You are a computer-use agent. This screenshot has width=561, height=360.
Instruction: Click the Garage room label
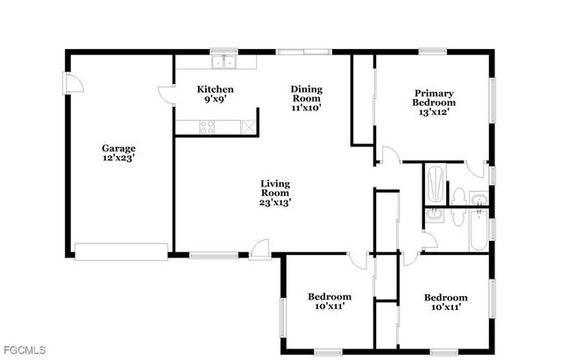(118, 148)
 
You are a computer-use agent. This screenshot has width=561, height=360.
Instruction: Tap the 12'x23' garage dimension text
(118, 159)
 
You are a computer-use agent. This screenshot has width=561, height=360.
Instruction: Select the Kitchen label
(215, 88)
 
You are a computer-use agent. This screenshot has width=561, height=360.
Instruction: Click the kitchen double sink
(226, 61)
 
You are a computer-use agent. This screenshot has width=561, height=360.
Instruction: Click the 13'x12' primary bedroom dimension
(435, 113)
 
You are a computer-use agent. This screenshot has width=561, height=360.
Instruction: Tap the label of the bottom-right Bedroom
(446, 297)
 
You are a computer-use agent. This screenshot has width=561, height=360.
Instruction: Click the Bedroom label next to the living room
(329, 297)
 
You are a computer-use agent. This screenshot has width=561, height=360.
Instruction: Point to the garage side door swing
(75, 83)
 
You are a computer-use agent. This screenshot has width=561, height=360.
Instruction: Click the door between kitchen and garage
(166, 95)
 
